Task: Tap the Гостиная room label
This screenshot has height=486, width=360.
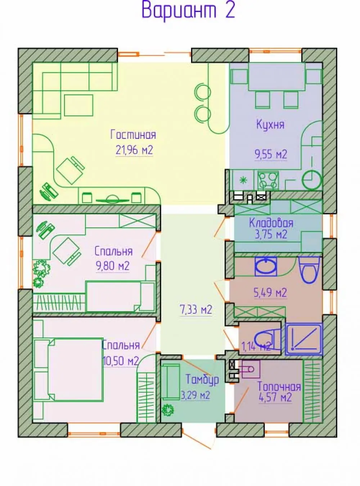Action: tap(133, 135)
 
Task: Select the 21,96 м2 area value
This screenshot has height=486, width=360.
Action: tap(134, 150)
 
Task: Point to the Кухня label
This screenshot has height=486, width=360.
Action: tap(270, 125)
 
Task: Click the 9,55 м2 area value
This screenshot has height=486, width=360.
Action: tap(271, 154)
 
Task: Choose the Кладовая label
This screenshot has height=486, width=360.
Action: tap(271, 223)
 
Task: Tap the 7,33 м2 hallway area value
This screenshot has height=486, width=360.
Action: tap(196, 310)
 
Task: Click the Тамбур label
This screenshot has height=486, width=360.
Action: tap(202, 379)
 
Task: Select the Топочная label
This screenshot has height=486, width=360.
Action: tap(279, 387)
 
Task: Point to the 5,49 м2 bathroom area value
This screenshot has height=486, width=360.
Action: tap(270, 293)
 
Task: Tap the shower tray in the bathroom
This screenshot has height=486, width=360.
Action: tap(304, 339)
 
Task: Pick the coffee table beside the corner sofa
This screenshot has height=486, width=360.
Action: tap(79, 105)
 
